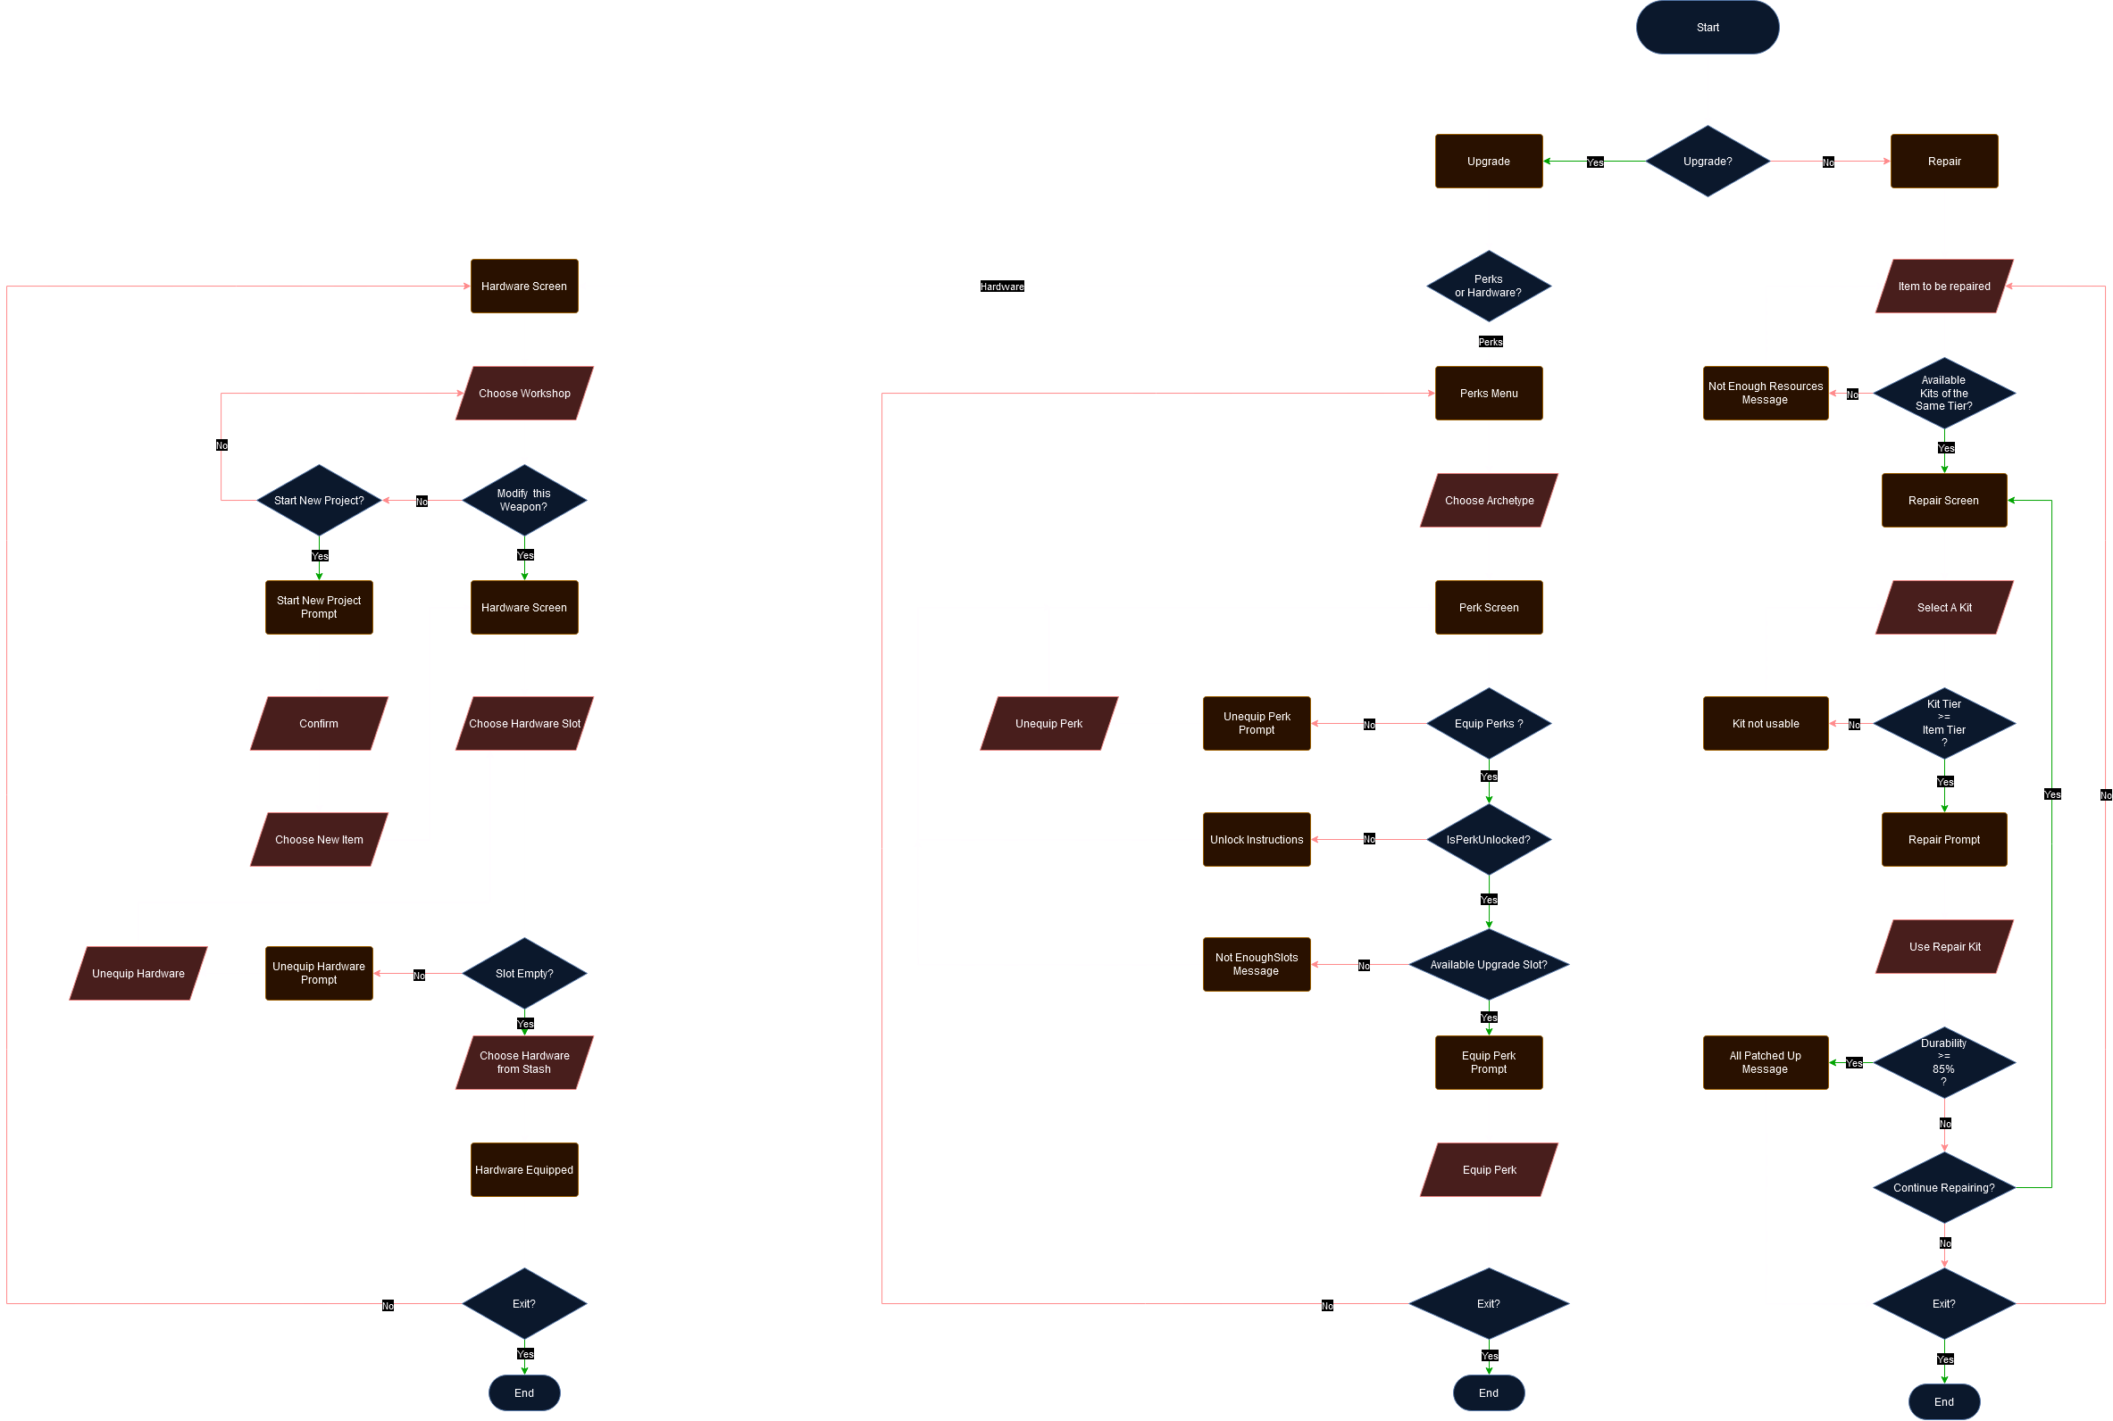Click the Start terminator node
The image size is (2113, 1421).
(1707, 27)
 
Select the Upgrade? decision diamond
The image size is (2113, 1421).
(1707, 162)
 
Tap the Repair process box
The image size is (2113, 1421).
(1943, 162)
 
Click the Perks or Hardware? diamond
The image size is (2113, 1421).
(1489, 287)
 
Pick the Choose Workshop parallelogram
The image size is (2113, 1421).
(524, 394)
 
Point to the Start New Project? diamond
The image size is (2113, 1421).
(319, 500)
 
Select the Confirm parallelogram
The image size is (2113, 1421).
(319, 723)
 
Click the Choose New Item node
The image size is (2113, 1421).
(319, 840)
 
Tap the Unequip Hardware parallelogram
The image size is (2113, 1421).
(138, 973)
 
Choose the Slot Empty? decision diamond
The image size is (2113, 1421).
(524, 973)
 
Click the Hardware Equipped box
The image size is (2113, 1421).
(524, 1170)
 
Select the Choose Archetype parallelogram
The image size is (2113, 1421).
(1489, 500)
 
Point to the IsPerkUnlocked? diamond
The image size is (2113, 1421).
(1489, 840)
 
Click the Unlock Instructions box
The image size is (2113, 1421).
(1257, 840)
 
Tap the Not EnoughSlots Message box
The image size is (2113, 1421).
(1257, 964)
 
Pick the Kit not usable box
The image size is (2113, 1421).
(1765, 723)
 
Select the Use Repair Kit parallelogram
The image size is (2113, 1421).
(1943, 947)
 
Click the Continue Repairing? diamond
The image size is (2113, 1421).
(1943, 1187)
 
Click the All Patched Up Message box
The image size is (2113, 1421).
(1765, 1062)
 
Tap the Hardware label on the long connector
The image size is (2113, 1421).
(1002, 287)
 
